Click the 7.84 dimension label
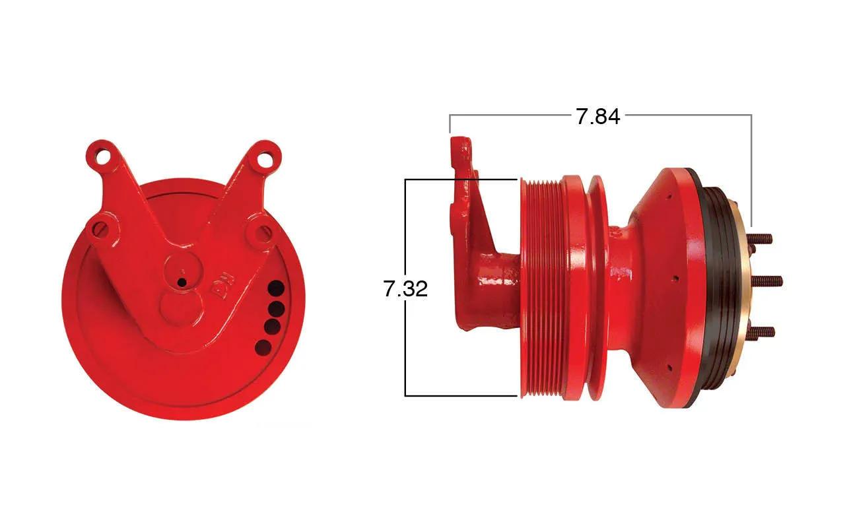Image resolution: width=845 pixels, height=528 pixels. (x=597, y=117)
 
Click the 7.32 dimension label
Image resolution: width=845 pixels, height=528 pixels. (x=405, y=289)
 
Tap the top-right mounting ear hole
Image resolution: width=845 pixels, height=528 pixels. (x=266, y=158)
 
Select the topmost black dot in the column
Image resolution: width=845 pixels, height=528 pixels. (x=276, y=289)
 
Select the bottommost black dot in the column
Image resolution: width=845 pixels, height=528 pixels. (x=263, y=347)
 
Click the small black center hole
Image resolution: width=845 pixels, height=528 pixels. (x=182, y=282)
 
